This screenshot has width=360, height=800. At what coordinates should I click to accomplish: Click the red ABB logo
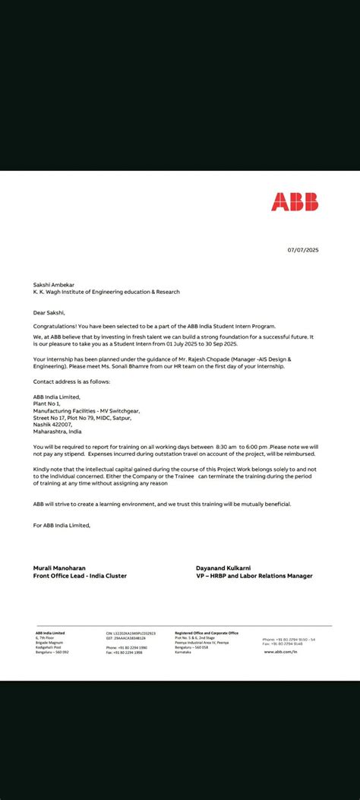pyautogui.click(x=295, y=201)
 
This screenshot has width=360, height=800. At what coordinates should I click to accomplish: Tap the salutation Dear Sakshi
pyautogui.click(x=49, y=311)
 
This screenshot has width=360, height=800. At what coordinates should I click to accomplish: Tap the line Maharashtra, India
pyautogui.click(x=57, y=431)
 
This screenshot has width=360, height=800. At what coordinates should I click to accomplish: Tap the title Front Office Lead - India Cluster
pyautogui.click(x=80, y=576)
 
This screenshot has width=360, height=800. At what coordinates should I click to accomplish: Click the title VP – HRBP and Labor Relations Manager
pyautogui.click(x=254, y=576)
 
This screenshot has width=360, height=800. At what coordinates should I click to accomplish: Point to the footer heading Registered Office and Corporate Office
pyautogui.click(x=207, y=632)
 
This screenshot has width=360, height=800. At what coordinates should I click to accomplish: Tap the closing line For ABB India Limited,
pyautogui.click(x=62, y=525)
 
